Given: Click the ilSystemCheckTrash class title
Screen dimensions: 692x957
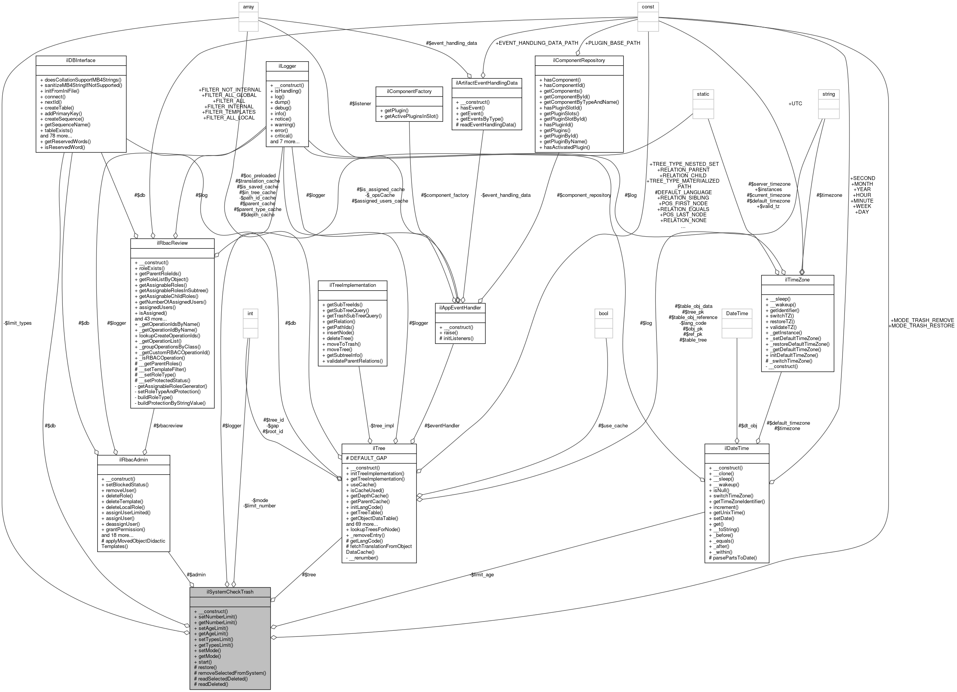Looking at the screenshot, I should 230,592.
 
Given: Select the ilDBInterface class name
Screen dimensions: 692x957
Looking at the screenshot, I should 81,61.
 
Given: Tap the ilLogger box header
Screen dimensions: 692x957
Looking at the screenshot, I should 287,66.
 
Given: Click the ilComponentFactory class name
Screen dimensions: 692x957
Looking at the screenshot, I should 409,91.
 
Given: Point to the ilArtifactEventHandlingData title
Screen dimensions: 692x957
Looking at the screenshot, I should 487,83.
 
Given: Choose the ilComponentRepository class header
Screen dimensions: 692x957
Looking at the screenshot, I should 578,61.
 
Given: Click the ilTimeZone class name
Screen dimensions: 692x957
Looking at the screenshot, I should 797,280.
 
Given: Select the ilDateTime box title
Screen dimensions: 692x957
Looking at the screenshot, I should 737,448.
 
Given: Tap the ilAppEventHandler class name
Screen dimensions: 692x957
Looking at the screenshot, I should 460,308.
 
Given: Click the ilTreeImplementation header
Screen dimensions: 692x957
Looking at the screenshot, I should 352,285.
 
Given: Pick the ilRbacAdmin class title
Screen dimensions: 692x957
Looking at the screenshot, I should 133,460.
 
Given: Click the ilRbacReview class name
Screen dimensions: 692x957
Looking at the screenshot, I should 172,243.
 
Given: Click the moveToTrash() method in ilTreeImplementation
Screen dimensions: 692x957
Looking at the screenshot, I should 341,344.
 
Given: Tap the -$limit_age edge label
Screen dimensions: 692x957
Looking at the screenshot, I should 482,575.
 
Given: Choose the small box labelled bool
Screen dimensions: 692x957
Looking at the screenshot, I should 603,313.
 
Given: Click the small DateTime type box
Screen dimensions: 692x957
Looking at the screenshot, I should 737,313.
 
